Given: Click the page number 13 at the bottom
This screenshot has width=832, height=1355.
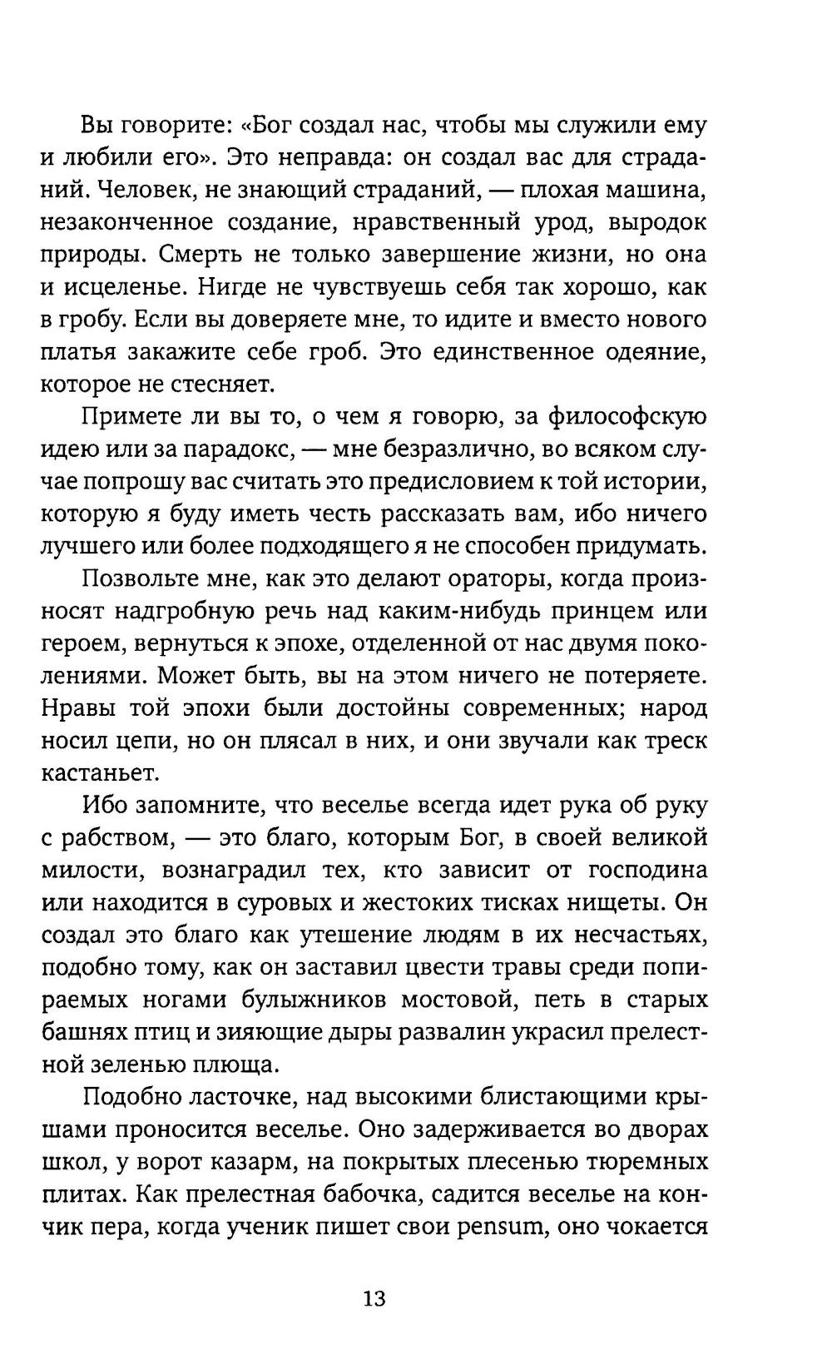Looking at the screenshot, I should [374, 1298].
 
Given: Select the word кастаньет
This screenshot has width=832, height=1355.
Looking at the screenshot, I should [100, 772].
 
